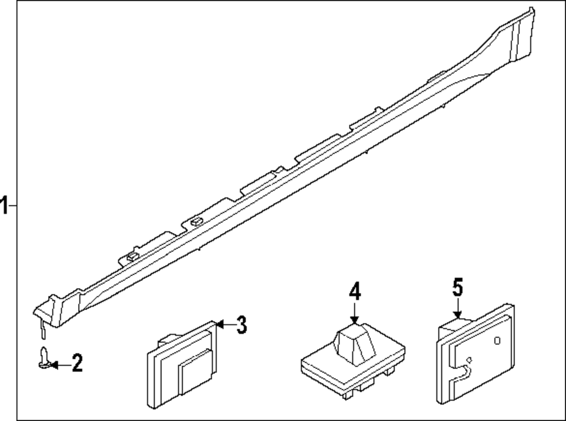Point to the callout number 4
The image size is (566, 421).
pyautogui.click(x=354, y=293)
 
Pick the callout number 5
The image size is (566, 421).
pyautogui.click(x=457, y=287)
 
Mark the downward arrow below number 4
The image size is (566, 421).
pyautogui.click(x=354, y=314)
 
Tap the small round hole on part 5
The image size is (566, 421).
pyautogui.click(x=498, y=340)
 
